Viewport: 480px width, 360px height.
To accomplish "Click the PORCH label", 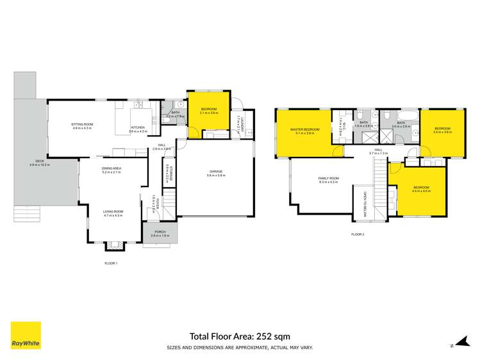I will (x=157, y=234).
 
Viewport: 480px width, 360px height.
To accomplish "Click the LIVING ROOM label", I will (x=113, y=213).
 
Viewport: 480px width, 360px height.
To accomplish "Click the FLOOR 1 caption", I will (x=112, y=263).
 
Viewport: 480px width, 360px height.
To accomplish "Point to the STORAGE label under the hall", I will (x=166, y=174).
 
